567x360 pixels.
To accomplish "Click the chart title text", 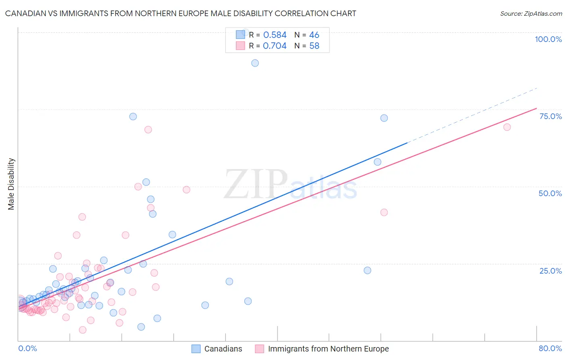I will [x=181, y=13].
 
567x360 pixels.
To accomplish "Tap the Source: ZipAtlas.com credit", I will [x=531, y=13].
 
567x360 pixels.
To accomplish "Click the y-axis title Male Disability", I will [x=11, y=184].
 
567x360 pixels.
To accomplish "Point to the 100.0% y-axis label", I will [x=548, y=39].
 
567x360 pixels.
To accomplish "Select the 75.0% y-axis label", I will [x=550, y=116].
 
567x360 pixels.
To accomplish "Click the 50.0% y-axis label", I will [x=550, y=193].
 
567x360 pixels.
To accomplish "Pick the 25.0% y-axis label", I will [x=550, y=271].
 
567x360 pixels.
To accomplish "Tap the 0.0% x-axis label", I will [x=27, y=348].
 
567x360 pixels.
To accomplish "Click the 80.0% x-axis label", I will [x=550, y=348].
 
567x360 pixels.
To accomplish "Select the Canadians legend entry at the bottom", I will [x=217, y=349].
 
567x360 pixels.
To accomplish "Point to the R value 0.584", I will [x=275, y=35].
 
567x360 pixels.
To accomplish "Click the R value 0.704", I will [x=275, y=46].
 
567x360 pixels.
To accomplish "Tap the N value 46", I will [x=314, y=35].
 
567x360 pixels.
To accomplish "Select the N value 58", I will [x=314, y=46].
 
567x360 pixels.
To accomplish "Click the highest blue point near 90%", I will [x=255, y=63].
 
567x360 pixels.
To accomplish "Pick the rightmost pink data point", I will [x=507, y=127].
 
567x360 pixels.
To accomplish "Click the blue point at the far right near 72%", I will [x=384, y=118].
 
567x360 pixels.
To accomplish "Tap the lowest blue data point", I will [x=141, y=327].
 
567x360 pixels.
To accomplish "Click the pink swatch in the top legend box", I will [x=240, y=46].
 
